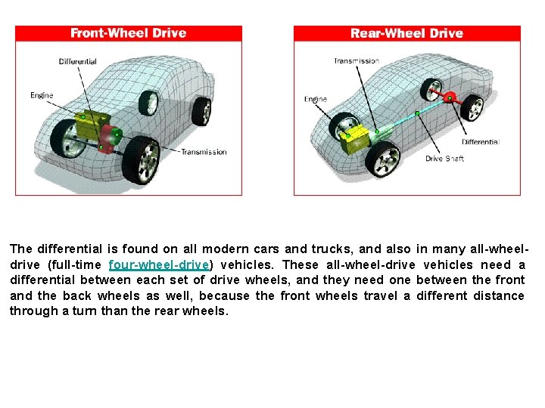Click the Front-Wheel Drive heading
click(128, 33)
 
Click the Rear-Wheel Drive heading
click(406, 33)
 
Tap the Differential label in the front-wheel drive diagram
click(77, 62)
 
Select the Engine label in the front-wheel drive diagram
click(42, 95)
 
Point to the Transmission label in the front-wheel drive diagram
click(204, 152)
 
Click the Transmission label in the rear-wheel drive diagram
click(357, 61)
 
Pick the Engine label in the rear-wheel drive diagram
click(316, 99)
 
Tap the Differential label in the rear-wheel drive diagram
click(481, 142)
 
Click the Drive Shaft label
click(444, 159)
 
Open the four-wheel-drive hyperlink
click(159, 264)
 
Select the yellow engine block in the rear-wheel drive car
click(354, 140)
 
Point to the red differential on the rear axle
click(450, 97)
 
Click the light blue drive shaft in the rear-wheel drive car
click(414, 115)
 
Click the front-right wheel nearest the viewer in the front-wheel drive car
click(141, 160)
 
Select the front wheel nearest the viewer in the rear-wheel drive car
click(383, 159)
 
